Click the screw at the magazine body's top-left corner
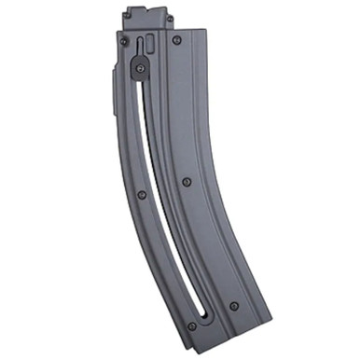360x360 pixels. pyautogui.click(x=122, y=40)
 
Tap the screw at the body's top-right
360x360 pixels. pyautogui.click(x=176, y=41)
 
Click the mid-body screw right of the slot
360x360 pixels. pyautogui.click(x=187, y=181)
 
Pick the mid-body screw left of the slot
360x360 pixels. pyautogui.click(x=141, y=194)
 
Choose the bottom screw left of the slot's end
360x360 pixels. pyautogui.click(x=191, y=325)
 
